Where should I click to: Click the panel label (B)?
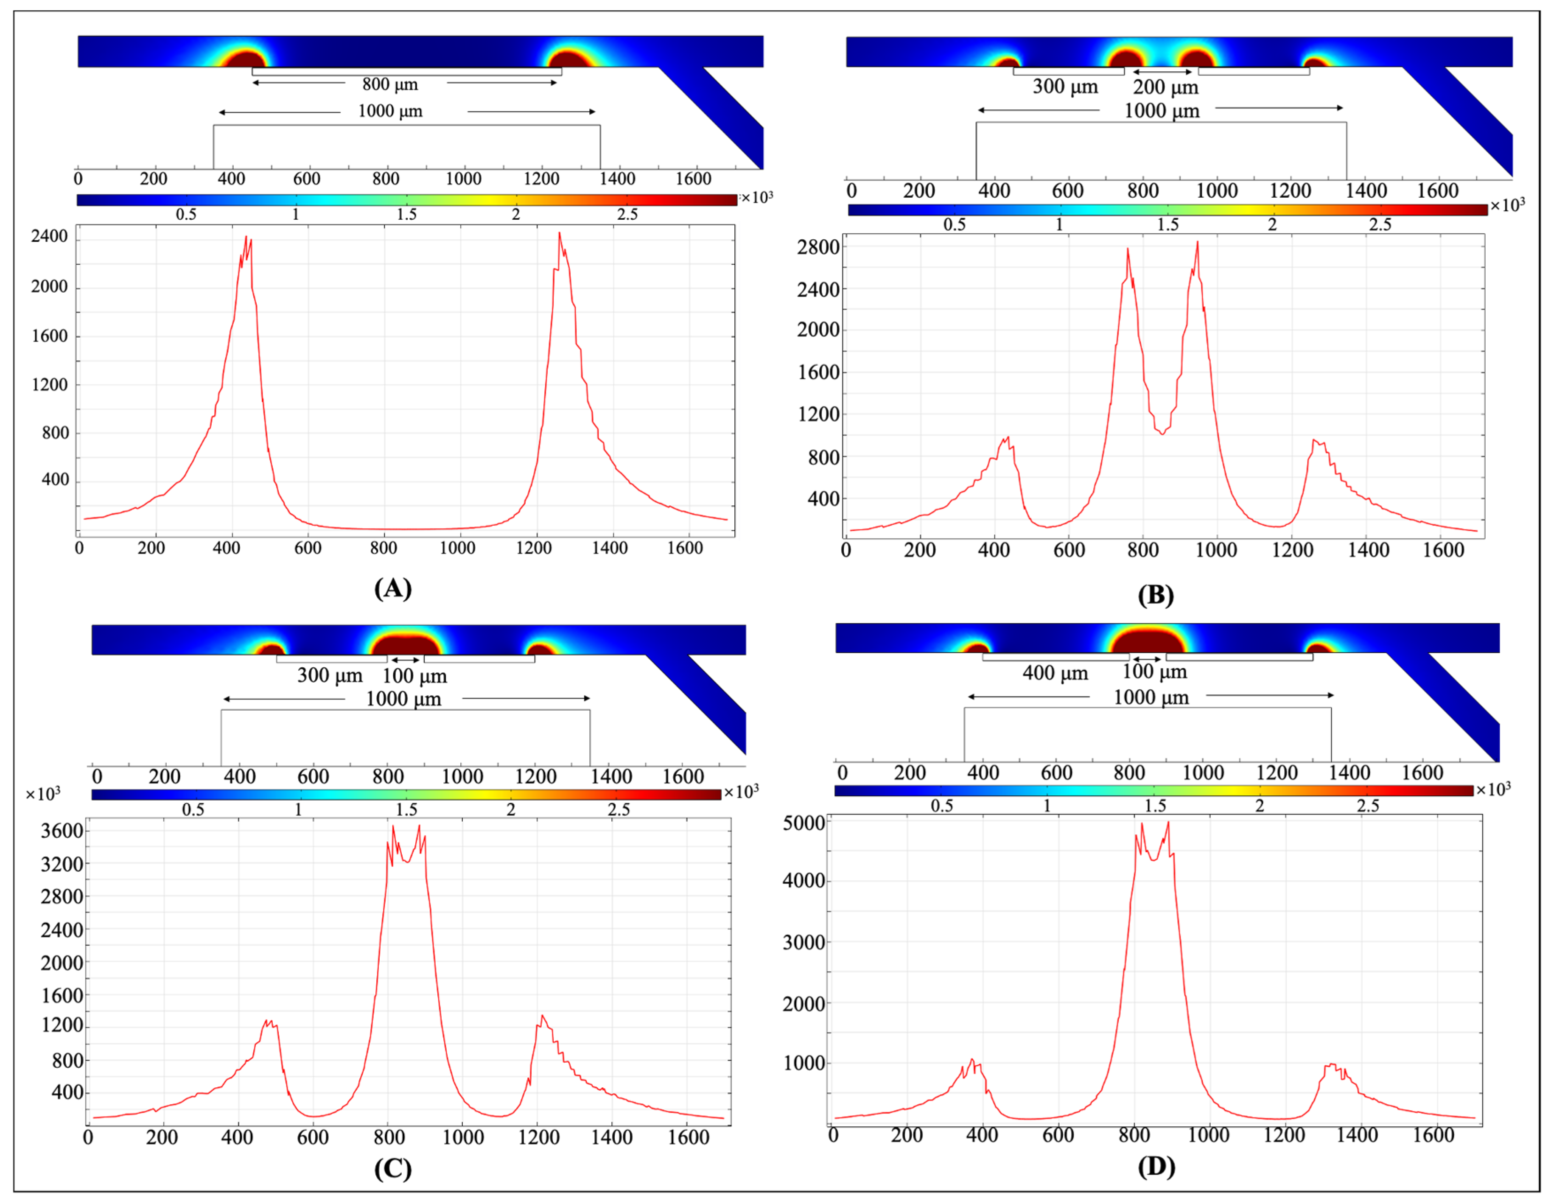[x=1156, y=594]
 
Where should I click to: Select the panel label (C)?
[x=393, y=1168]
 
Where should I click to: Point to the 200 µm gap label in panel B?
[x=1165, y=87]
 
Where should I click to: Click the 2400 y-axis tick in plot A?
[x=49, y=236]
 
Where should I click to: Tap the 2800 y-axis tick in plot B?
[x=818, y=247]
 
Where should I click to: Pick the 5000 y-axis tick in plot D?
[x=804, y=823]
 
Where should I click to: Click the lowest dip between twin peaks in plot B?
[x=1162, y=433]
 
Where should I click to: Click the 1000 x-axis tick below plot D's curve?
[x=1208, y=1135]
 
